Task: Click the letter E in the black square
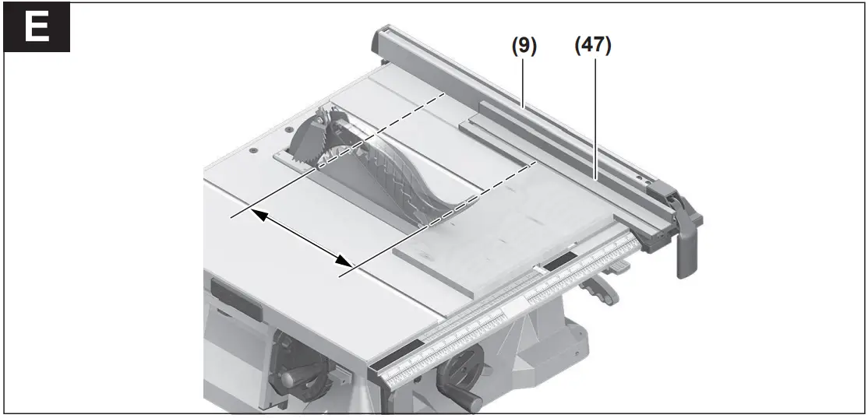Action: [x=37, y=28]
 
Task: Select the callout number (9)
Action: [x=524, y=46]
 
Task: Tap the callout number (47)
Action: [x=593, y=46]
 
